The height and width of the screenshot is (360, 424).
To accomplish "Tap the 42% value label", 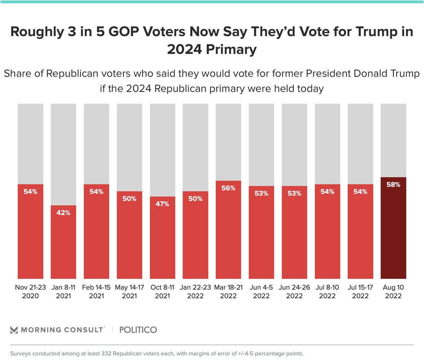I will (63, 213).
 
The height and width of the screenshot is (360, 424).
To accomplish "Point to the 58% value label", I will (393, 185).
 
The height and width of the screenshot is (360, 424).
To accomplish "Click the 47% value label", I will (162, 204).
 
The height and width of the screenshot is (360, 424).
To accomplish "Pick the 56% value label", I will (228, 188).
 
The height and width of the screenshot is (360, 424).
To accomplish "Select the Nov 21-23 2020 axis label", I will (30, 292).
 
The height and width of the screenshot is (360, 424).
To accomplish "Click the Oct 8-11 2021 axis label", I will (162, 292).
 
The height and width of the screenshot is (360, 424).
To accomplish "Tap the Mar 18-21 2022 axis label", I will (228, 292).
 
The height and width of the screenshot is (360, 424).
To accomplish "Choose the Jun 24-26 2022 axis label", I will (294, 292).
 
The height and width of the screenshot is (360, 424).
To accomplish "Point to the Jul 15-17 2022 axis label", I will (360, 292).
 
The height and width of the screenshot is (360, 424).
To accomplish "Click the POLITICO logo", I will (138, 330).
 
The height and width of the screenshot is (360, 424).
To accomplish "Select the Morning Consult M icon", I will (14, 330).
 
